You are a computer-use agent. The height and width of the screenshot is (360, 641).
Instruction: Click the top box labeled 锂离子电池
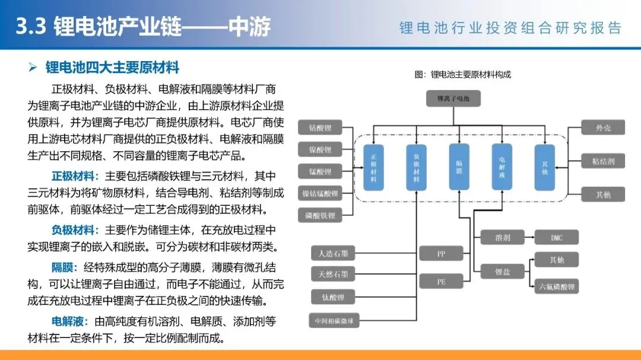tap(453, 98)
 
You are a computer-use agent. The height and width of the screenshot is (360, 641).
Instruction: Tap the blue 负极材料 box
tap(416, 167)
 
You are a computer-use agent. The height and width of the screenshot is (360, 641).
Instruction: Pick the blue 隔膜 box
tap(459, 167)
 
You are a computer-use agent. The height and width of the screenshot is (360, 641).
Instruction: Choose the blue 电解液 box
tap(502, 167)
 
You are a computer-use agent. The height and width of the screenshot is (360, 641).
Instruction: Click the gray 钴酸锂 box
tap(320, 128)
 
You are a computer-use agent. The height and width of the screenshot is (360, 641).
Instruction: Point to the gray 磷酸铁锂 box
tap(320, 215)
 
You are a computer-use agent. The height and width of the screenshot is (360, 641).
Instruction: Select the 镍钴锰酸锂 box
tap(320, 193)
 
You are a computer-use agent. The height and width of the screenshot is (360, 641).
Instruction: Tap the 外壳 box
tap(603, 128)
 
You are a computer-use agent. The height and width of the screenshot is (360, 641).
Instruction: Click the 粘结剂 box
tap(603, 161)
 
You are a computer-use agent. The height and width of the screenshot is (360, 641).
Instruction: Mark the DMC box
tap(556, 238)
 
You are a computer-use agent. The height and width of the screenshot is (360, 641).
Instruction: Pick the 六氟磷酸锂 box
tap(556, 286)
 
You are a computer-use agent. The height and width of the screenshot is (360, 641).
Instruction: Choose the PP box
tap(441, 254)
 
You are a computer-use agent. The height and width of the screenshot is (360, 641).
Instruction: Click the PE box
tap(441, 282)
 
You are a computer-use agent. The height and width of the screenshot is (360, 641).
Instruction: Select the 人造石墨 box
tap(334, 254)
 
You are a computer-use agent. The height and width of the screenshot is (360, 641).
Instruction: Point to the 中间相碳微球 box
tap(334, 321)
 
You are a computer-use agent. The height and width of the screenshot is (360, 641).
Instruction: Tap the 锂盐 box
tap(502, 272)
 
